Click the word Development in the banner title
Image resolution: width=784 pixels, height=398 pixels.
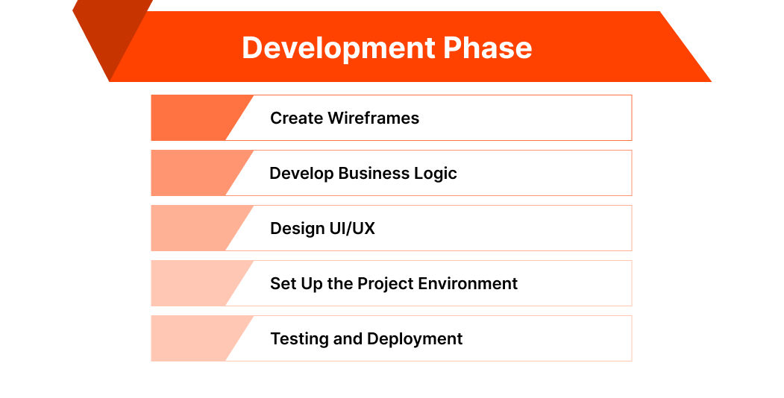(338, 48)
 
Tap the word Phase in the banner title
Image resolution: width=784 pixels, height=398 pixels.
(488, 48)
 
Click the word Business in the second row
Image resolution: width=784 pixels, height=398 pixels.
(374, 173)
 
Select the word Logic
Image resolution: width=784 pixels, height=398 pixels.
(436, 173)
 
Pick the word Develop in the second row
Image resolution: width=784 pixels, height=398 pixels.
(301, 174)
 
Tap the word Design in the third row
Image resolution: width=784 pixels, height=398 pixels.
(298, 228)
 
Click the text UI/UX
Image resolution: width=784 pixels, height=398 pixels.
(352, 228)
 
